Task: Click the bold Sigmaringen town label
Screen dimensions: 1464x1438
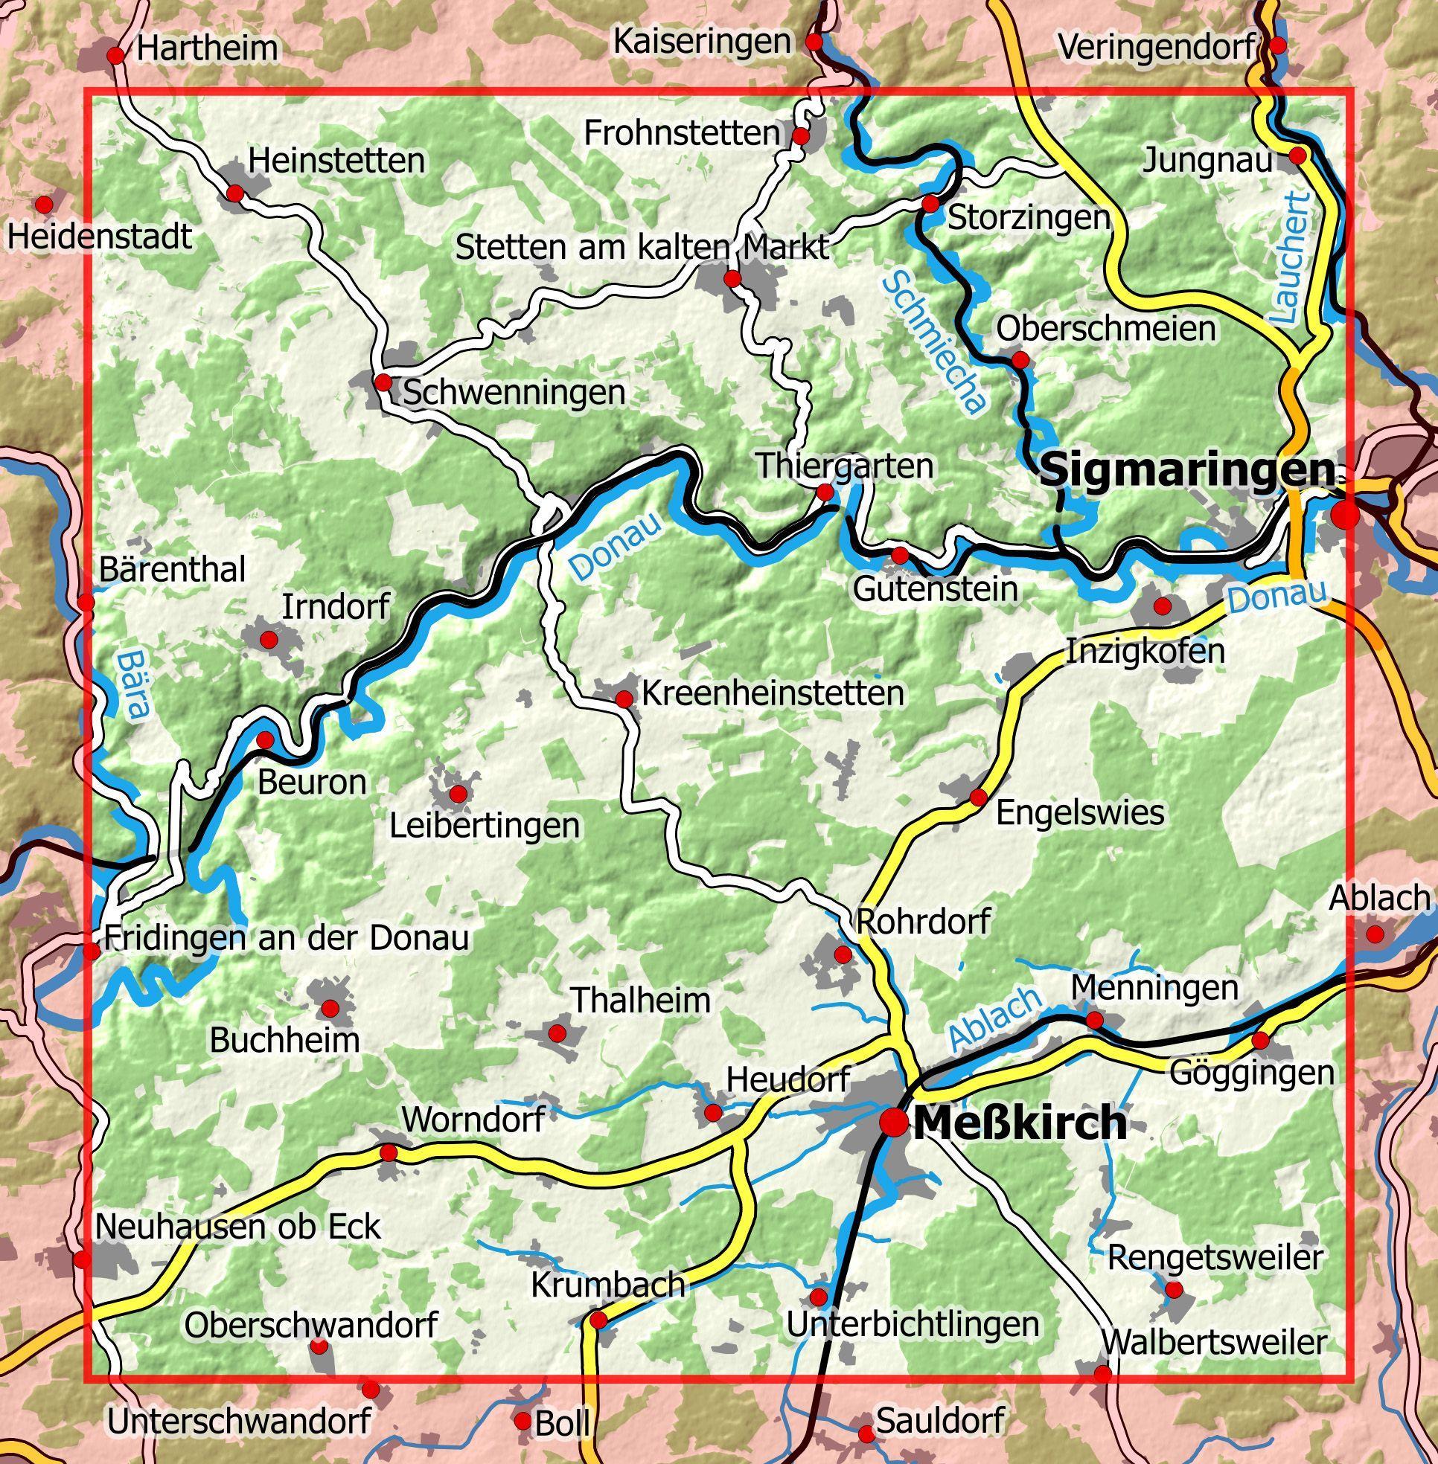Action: pyautogui.click(x=1186, y=470)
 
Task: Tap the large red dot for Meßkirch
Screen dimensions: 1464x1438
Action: pyautogui.click(x=894, y=1122)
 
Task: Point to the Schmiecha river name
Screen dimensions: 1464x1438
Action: pyautogui.click(x=934, y=344)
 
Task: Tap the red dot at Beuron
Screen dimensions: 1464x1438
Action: pyautogui.click(x=265, y=739)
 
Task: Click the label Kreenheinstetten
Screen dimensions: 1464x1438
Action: pyautogui.click(x=772, y=693)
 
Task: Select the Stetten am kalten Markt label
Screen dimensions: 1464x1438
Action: pyautogui.click(x=642, y=248)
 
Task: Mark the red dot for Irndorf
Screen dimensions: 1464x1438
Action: pyautogui.click(x=268, y=640)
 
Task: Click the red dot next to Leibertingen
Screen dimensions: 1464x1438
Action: pyautogui.click(x=458, y=794)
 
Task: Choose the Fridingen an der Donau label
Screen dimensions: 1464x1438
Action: pyautogui.click(x=287, y=938)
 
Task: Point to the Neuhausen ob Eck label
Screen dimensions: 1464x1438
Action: pyautogui.click(x=237, y=1227)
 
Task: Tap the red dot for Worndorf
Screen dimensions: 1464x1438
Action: pyautogui.click(x=389, y=1153)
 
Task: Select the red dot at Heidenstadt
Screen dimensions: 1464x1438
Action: pyautogui.click(x=45, y=204)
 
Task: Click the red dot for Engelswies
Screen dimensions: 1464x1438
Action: pyautogui.click(x=978, y=797)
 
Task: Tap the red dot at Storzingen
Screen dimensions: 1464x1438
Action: pyautogui.click(x=931, y=204)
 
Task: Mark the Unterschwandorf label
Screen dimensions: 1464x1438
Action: pyautogui.click(x=238, y=1422)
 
